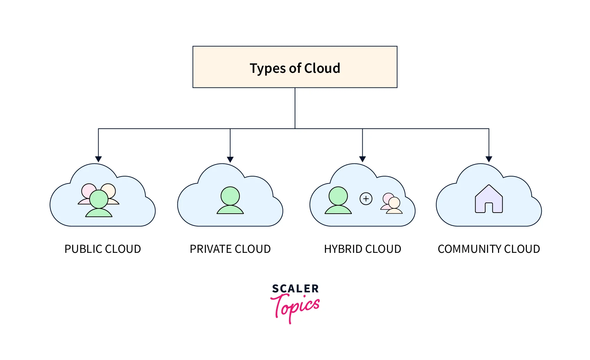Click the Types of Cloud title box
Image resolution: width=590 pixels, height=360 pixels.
295,67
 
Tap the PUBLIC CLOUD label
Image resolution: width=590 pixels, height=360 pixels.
103,249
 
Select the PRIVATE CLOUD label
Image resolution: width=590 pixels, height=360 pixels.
230,249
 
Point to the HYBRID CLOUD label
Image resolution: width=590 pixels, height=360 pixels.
362,249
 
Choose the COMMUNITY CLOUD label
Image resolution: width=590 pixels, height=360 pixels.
489,249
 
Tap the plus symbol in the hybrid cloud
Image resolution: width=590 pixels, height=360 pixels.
366,199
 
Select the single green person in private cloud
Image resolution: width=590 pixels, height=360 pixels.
230,200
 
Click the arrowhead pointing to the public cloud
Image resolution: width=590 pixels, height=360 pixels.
99,159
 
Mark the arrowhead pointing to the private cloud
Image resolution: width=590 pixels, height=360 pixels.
230,159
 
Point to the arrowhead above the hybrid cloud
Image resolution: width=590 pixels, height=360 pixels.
362,159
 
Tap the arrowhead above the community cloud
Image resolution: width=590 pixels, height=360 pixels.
489,159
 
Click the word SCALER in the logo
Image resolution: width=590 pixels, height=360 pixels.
295,289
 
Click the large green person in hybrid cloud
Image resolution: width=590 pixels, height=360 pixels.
338,200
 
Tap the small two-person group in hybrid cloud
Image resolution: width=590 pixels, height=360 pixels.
392,204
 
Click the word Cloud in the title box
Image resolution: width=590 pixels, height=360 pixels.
322,68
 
